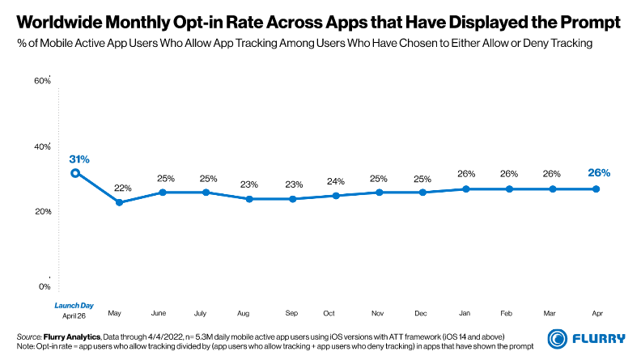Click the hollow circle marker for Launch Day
[74, 172]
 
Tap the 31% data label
[79, 159]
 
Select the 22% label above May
[122, 188]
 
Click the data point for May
[119, 202]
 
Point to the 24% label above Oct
[335, 181]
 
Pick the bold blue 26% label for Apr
[598, 172]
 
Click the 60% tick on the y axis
[42, 81]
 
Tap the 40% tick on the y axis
[42, 146]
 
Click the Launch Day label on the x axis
[74, 305]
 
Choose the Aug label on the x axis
[244, 312]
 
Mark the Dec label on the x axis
[422, 312]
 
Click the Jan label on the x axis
[465, 312]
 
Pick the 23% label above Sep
[291, 184]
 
